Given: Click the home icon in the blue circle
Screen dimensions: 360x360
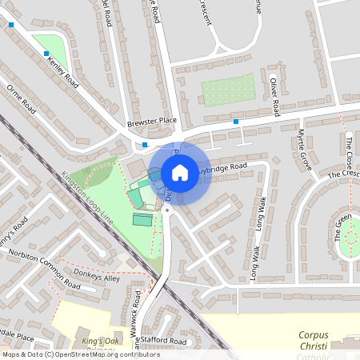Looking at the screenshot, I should coord(180,173).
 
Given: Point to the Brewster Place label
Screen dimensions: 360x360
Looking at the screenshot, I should coord(151,122).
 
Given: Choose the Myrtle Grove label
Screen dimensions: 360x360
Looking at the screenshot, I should coord(302,143).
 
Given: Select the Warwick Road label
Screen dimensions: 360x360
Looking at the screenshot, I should coord(137,314).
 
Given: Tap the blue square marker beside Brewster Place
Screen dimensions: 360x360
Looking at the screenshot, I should coord(145,145).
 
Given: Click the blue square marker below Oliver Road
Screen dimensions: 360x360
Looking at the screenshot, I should coord(236,122).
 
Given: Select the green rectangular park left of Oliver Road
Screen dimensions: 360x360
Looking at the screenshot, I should coord(228,90).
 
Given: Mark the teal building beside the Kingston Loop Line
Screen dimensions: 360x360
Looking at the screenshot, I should coord(142,219).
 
